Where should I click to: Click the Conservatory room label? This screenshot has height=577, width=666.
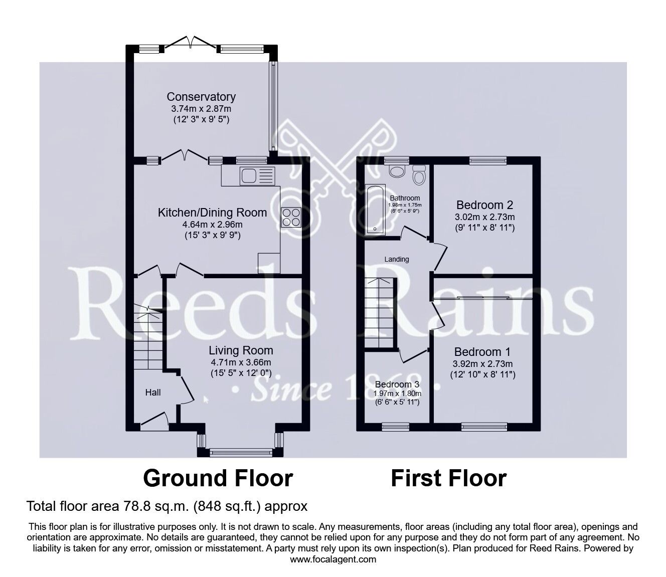(x=201, y=97)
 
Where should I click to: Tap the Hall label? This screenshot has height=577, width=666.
(x=153, y=393)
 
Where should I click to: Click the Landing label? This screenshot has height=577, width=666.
(x=397, y=259)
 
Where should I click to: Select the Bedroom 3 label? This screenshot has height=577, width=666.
(x=397, y=384)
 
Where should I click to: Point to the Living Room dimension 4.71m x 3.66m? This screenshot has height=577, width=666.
(x=241, y=362)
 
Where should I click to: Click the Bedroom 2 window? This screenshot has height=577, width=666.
(x=488, y=160)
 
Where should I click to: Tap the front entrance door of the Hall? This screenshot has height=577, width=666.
(x=154, y=421)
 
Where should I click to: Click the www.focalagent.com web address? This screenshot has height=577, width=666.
(x=333, y=559)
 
